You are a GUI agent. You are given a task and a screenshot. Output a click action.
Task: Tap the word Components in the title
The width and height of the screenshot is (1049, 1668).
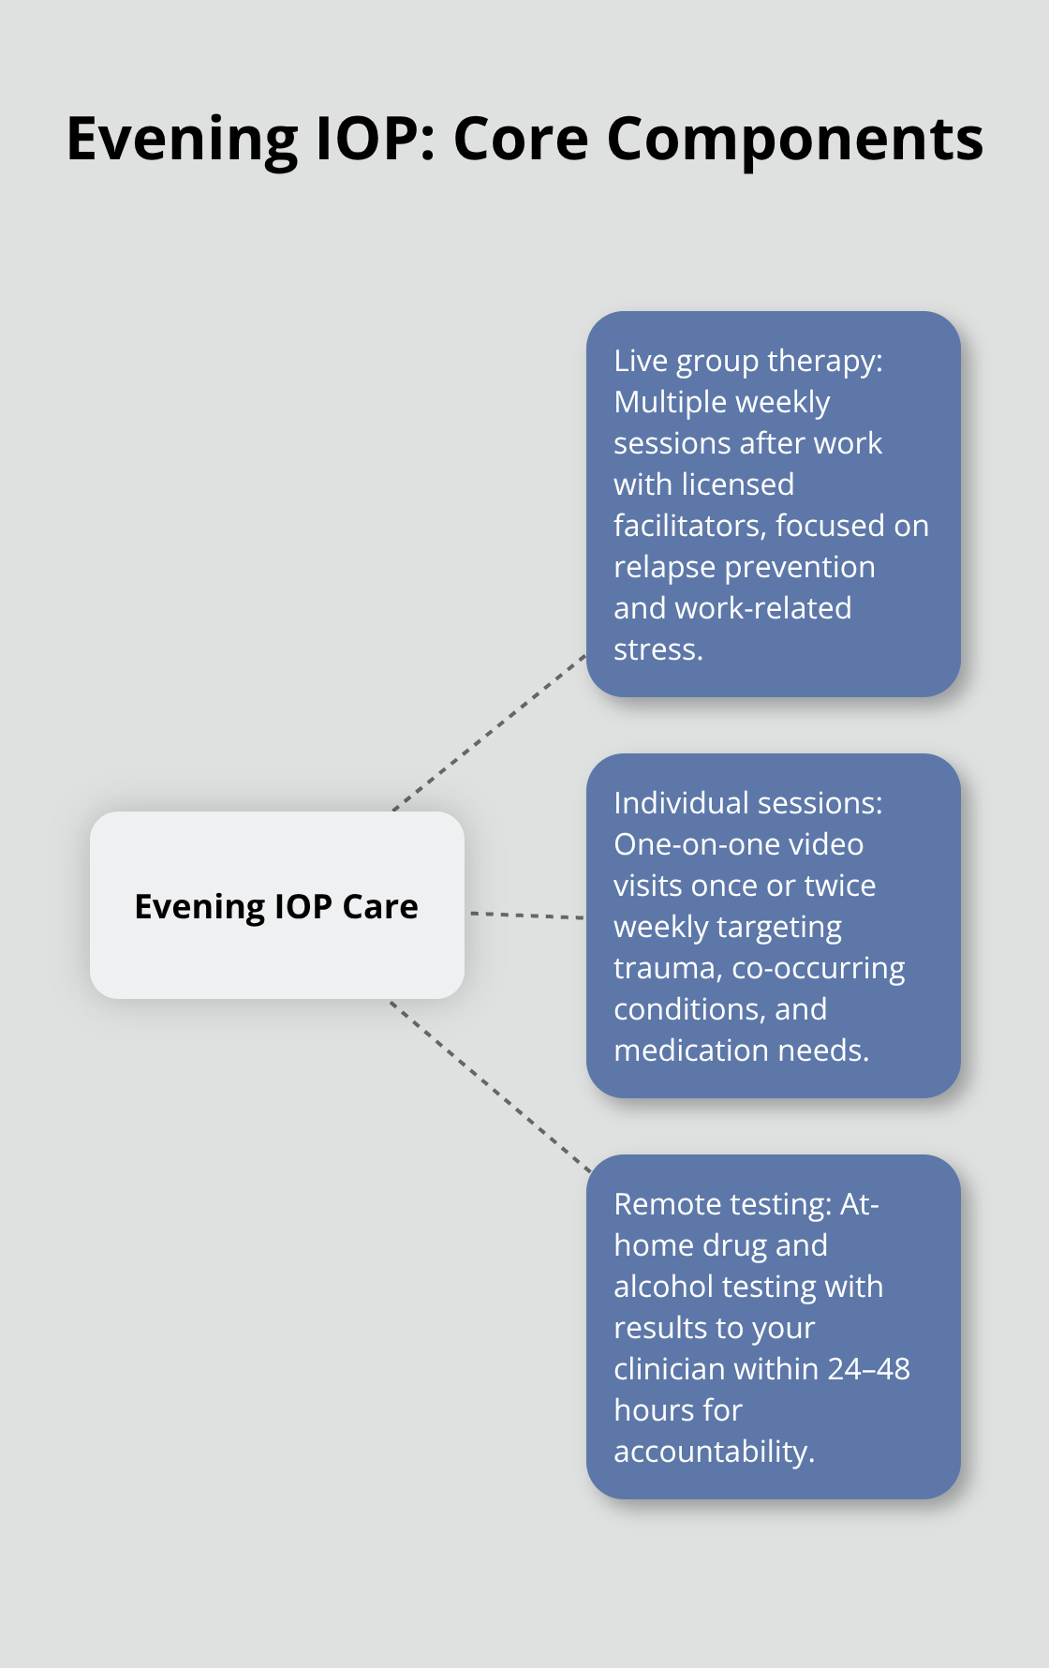[795, 140]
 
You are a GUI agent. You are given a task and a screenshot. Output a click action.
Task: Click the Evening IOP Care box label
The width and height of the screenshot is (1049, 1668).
[276, 907]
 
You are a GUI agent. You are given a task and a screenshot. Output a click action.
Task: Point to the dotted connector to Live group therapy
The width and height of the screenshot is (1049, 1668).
[489, 733]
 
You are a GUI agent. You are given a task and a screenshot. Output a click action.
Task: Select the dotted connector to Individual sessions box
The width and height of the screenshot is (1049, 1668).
[526, 915]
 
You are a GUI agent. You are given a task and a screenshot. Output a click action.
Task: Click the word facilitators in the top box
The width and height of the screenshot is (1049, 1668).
[690, 526]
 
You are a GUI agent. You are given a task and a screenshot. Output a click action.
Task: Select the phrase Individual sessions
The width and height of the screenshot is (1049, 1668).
[747, 804]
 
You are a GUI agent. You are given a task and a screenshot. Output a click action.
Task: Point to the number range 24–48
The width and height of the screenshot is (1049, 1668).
[868, 1369]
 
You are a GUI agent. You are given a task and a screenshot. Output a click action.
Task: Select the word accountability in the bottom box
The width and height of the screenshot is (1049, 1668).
[714, 1452]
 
